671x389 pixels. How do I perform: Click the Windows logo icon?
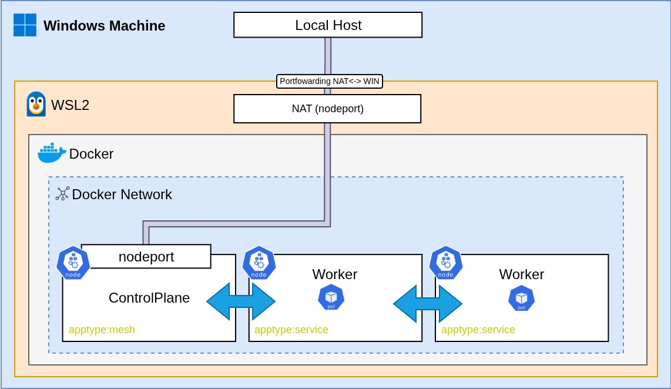(x=25, y=25)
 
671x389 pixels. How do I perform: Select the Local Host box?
(x=328, y=25)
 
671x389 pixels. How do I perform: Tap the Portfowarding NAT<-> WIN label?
(x=330, y=81)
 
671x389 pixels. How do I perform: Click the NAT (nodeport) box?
(x=327, y=109)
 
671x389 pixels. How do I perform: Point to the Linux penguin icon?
(x=36, y=105)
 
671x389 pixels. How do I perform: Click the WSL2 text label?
(x=70, y=105)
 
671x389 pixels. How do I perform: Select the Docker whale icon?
(x=52, y=153)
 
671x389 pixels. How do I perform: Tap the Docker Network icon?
(x=62, y=194)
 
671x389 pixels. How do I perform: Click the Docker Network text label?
(x=122, y=195)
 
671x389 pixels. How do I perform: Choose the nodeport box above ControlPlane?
(x=146, y=257)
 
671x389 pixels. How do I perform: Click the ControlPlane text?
(x=149, y=298)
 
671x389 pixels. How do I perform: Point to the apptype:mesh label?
(x=102, y=330)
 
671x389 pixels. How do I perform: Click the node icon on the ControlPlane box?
(x=73, y=263)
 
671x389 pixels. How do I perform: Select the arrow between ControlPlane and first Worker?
(x=241, y=301)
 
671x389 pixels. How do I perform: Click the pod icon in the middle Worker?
(x=331, y=297)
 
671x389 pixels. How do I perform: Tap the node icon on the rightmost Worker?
(x=446, y=263)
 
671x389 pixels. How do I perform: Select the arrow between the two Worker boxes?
(x=428, y=304)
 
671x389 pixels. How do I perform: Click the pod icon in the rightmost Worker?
(x=521, y=298)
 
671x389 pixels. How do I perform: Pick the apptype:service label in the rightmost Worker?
(x=478, y=330)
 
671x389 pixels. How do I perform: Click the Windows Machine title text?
(x=104, y=26)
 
